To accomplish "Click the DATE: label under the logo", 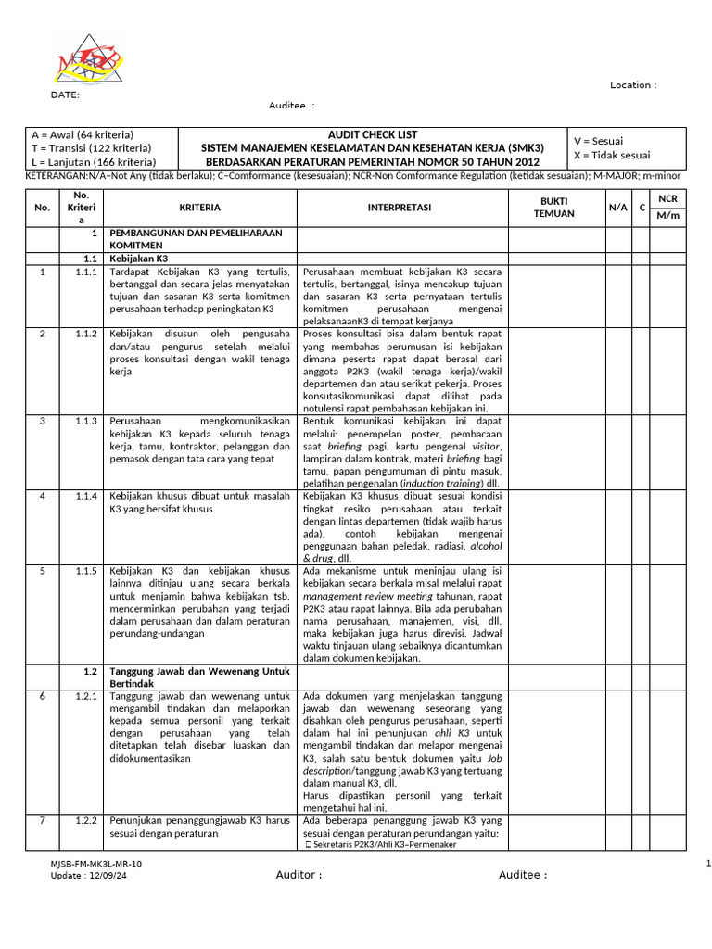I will coord(64,95).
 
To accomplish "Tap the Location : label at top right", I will coord(633,85).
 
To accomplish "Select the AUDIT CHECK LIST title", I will coord(373,134).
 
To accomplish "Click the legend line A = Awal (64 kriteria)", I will coord(83,134).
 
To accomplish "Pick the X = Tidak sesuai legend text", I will coord(612,155).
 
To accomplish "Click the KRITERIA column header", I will coord(199,208).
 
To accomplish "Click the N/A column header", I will coord(617,208).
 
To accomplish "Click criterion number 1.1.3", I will coord(85,421).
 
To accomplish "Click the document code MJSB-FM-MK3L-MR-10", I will coord(96,864).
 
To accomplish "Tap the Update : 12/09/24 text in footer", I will coord(90,876).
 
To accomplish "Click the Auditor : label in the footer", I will coord(299,874).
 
